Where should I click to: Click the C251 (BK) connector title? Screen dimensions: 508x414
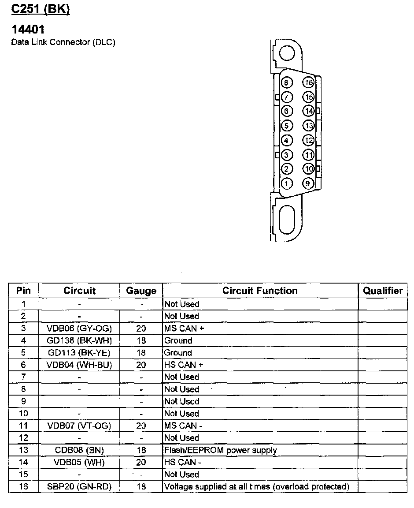pos(41,10)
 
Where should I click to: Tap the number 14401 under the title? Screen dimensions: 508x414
pos(28,30)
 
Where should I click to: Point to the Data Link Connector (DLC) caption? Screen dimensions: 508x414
pos(63,42)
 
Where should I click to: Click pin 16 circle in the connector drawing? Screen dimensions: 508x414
pos(308,83)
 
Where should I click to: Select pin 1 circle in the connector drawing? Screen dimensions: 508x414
pos(287,183)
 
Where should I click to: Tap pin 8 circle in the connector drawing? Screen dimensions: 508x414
pos(287,83)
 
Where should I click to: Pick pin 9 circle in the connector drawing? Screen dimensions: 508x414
pos(308,183)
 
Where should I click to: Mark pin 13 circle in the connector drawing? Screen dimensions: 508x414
pos(308,126)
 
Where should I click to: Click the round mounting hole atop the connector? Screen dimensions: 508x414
pos(287,54)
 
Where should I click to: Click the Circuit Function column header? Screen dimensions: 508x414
pos(260,291)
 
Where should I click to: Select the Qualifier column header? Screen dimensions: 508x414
pos(383,291)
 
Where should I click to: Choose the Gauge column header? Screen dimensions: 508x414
pos(141,291)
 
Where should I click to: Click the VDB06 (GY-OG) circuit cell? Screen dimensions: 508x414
pos(79,329)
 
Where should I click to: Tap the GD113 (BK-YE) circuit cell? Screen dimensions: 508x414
pos(79,353)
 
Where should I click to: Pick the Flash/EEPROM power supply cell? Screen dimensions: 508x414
pos(220,450)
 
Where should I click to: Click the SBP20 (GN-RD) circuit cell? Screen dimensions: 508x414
pos(79,487)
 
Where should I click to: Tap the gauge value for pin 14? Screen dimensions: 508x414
pos(141,463)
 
